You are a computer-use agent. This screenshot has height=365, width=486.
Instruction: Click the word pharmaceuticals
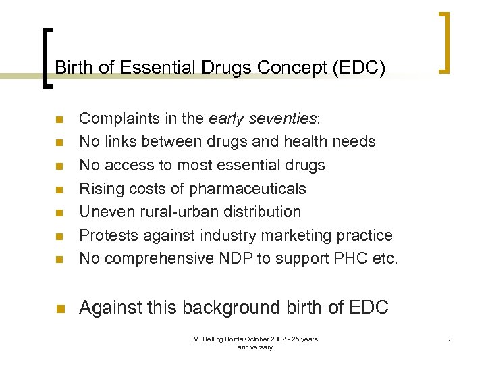tap(248, 189)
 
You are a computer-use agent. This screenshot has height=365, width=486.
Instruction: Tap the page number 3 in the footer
tap(449, 339)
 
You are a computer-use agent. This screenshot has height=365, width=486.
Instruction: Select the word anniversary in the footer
tap(255, 347)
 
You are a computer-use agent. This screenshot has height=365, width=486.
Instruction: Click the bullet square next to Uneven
tap(59, 213)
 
